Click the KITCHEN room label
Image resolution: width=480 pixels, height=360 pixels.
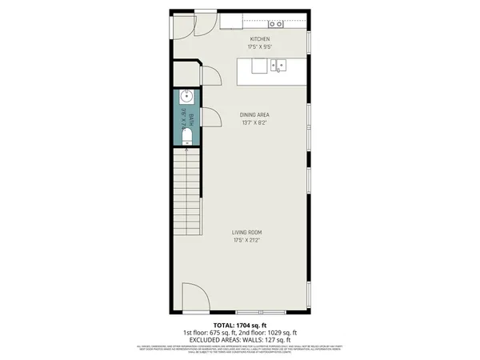[260, 39]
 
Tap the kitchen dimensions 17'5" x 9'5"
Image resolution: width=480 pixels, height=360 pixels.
[260, 46]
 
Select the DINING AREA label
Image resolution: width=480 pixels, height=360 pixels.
[254, 115]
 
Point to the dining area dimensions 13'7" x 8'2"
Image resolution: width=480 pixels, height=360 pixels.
[254, 123]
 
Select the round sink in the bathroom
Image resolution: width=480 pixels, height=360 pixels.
[185, 98]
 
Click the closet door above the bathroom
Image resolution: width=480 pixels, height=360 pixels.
[210, 77]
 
